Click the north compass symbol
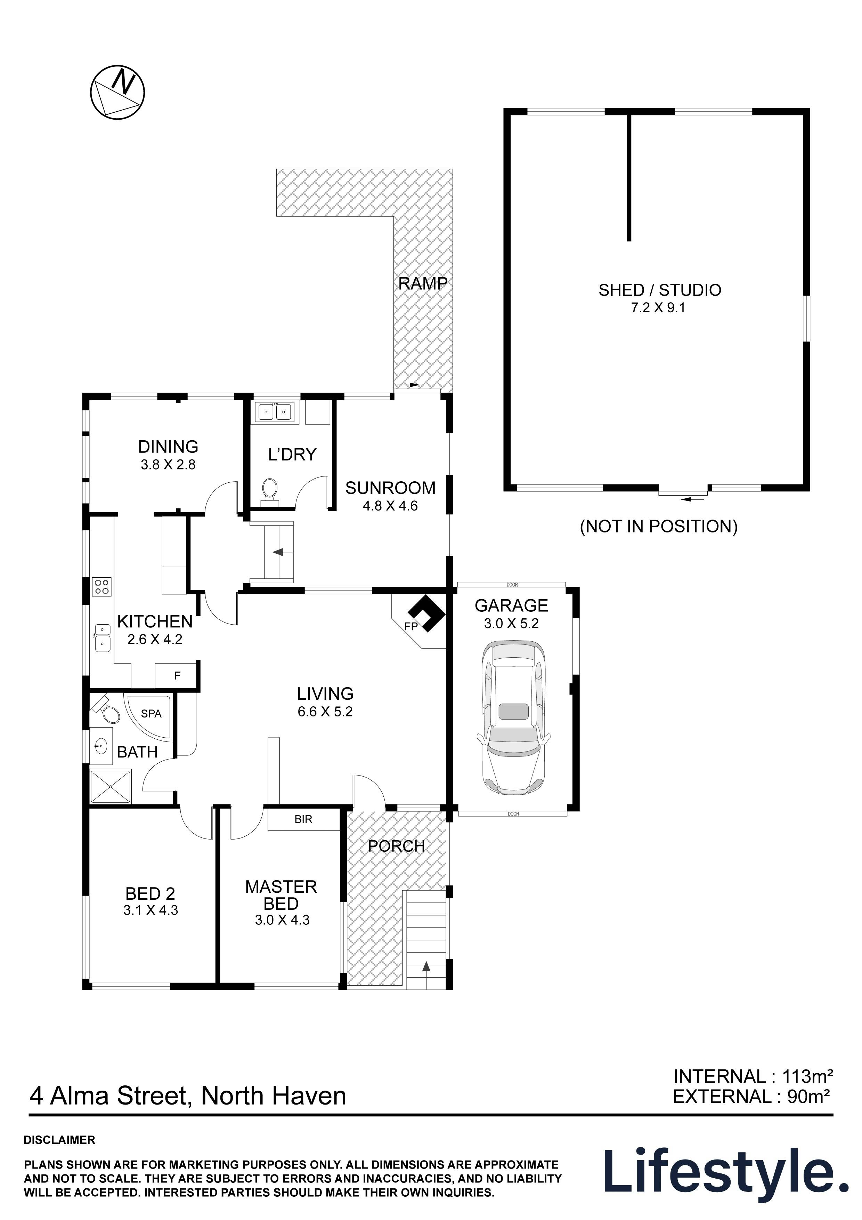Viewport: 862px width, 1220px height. [117, 93]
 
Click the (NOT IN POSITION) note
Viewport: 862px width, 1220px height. [659, 526]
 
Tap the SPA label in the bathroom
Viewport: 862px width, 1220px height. [151, 714]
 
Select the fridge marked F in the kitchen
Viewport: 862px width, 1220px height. [177, 675]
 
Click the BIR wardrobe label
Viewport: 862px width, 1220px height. [303, 819]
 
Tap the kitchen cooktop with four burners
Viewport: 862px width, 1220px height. [101, 587]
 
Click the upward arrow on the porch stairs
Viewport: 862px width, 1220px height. [426, 966]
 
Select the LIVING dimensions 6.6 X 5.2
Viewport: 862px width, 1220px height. [325, 712]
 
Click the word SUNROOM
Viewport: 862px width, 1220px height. [390, 488]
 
